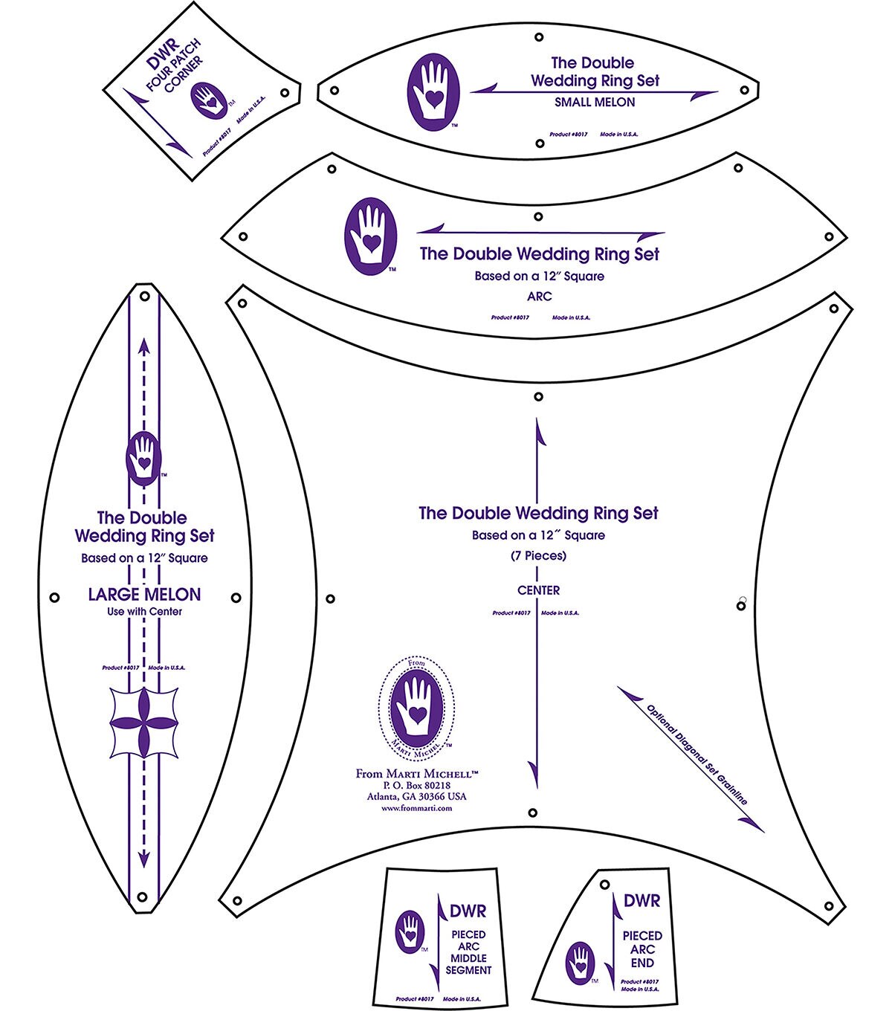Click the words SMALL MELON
(595, 103)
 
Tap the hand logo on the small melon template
(433, 90)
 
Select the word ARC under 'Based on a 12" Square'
(539, 296)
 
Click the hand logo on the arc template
(370, 236)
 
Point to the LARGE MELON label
(144, 594)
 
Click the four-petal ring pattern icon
(144, 723)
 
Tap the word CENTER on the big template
(539, 590)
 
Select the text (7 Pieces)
(539, 555)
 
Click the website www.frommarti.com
(416, 808)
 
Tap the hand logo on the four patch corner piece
(208, 100)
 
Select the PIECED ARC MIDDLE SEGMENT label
(468, 952)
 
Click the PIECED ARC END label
(642, 949)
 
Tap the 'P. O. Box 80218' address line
(416, 785)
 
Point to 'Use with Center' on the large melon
(144, 612)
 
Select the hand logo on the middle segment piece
(410, 931)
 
